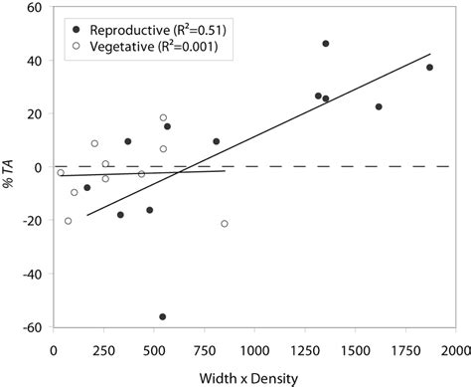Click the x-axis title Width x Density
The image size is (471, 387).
point(253,377)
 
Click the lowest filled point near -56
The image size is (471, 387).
point(163,316)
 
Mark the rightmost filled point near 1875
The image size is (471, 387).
point(429,68)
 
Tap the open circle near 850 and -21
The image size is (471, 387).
point(224,224)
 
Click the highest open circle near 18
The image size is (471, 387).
point(163,117)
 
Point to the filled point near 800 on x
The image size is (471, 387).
point(216,141)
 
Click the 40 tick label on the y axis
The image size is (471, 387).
point(34,61)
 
